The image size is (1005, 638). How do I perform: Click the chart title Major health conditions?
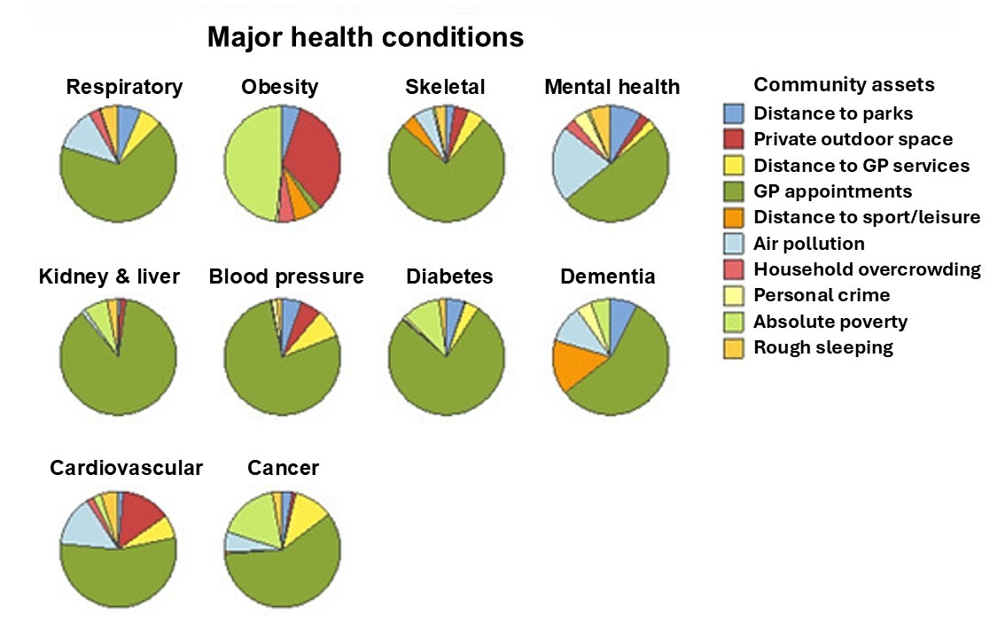(365, 38)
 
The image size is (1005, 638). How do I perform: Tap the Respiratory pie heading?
(124, 87)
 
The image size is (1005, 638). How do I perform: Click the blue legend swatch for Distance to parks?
(734, 113)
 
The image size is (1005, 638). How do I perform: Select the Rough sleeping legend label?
(822, 347)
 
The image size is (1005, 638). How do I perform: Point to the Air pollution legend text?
(808, 244)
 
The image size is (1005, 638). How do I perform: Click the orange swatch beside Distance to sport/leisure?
(734, 217)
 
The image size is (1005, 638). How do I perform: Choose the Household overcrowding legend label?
(867, 269)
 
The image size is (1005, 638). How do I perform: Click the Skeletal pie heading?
(445, 87)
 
